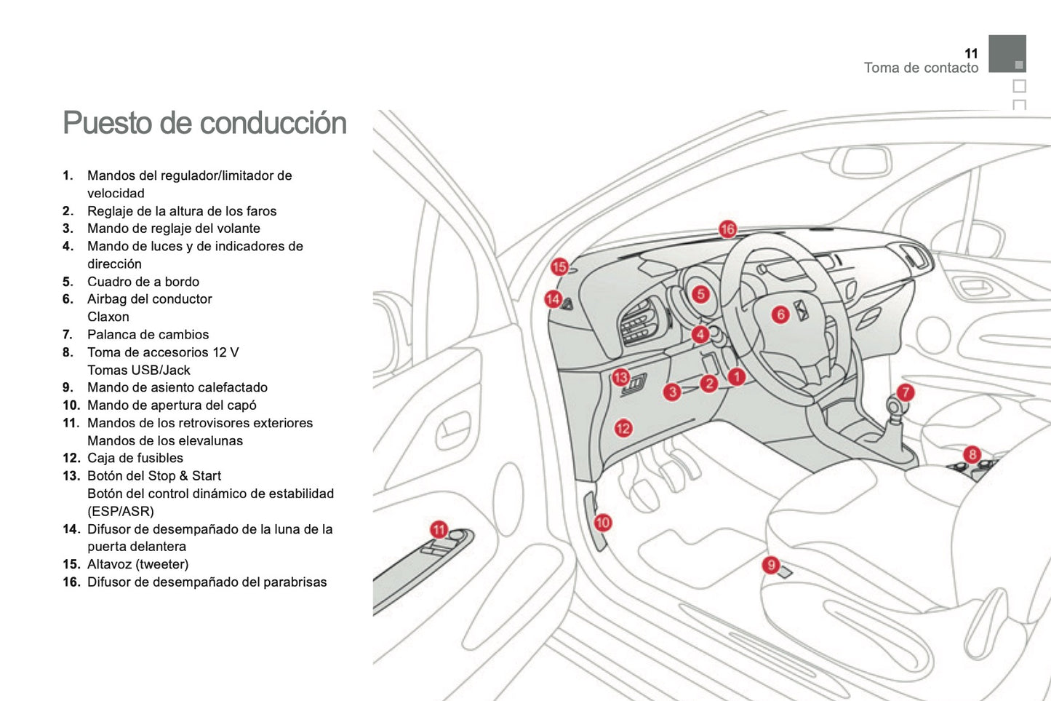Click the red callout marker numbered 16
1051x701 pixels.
point(727,229)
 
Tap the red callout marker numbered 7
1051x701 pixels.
point(905,392)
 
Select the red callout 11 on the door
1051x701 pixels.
point(439,529)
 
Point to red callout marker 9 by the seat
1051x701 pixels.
point(771,564)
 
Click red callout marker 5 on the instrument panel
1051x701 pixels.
point(700,294)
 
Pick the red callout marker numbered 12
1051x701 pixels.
point(623,428)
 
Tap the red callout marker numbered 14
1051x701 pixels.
point(554,298)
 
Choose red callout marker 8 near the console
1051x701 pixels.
point(972,455)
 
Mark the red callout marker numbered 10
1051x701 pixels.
point(603,522)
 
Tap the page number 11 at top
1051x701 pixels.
point(971,54)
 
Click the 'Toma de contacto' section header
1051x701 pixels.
point(921,68)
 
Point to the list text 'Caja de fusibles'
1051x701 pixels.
point(135,458)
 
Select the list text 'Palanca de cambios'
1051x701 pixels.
point(148,334)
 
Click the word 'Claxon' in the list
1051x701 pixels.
point(108,317)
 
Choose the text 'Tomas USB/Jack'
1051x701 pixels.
point(139,370)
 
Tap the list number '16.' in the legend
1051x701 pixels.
point(71,582)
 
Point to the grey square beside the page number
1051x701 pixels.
point(1007,53)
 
